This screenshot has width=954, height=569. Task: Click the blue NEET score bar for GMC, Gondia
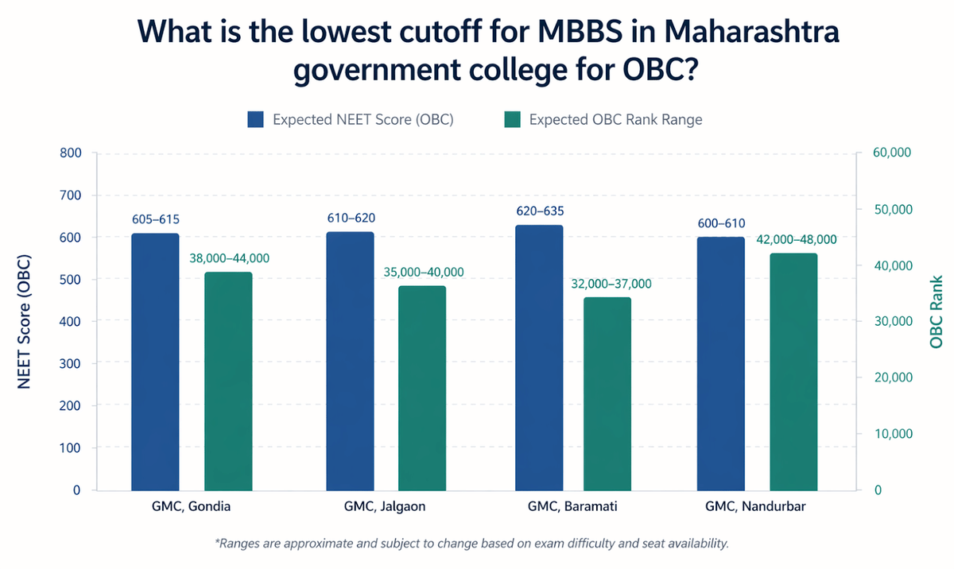coord(155,362)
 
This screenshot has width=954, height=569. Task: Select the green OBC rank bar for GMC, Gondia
coord(228,381)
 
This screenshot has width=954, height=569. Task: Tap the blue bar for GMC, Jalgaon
coord(350,361)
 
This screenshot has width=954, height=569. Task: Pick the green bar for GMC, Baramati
coord(607,394)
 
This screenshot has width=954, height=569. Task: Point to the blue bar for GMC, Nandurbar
coord(720,363)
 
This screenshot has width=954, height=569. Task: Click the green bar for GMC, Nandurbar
coord(793,372)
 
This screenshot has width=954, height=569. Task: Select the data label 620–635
coord(539,212)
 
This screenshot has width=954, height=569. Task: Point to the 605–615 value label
coord(155,219)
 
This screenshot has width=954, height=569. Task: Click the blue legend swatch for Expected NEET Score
coord(255,120)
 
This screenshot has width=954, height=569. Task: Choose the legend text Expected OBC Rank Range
coord(615,120)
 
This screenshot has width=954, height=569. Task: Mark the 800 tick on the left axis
coord(70,153)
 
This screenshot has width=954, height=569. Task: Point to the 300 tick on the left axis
coord(70,364)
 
